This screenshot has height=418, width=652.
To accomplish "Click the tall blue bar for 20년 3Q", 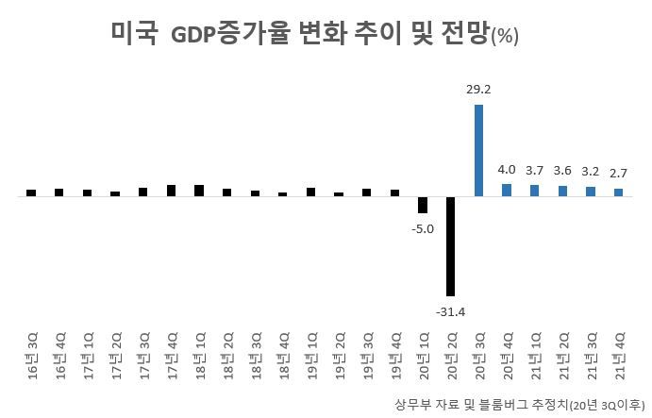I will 478,150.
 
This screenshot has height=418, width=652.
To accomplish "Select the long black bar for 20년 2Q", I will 450,246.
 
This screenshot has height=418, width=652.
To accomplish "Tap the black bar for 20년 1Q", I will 423,205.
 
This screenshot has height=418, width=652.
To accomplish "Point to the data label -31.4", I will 449,310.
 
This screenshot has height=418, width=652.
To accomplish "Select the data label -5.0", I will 423,228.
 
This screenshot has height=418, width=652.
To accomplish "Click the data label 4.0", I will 507,170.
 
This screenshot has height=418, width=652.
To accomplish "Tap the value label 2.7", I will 619,174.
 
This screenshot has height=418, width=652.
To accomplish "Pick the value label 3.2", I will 591,172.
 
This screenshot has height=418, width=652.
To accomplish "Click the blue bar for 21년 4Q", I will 619,192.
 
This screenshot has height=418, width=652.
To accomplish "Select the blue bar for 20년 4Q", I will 507,190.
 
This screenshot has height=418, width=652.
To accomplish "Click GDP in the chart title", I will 193,36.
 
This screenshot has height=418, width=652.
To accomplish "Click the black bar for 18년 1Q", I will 199,191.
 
